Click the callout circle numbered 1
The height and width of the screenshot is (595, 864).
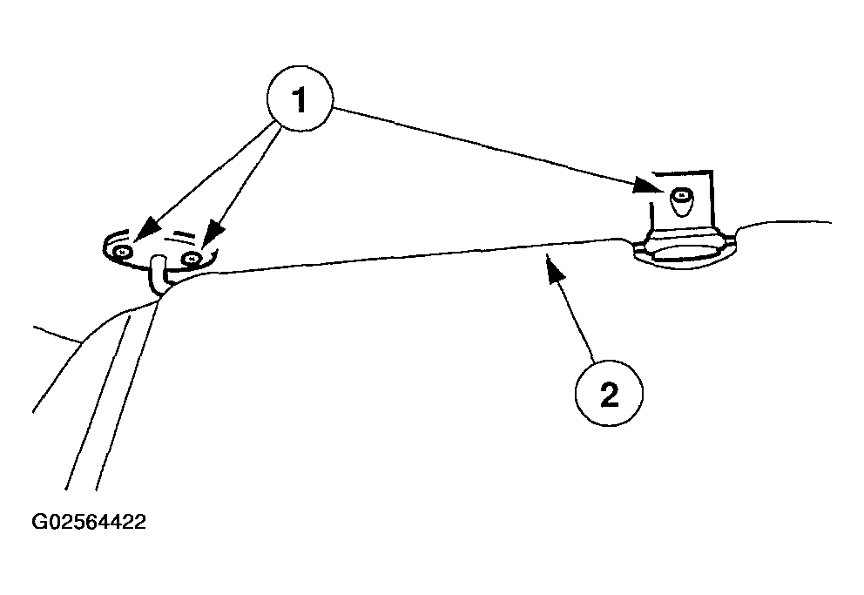(300, 102)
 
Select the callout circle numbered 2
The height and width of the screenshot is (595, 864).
(609, 396)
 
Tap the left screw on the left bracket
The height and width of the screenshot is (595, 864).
(123, 251)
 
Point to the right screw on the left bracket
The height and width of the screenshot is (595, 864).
(193, 257)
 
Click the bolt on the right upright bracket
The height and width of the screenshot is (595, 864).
(682, 199)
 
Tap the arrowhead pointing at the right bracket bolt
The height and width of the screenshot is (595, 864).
(645, 185)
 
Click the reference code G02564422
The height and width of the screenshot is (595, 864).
(89, 523)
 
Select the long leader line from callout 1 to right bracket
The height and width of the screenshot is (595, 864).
(488, 145)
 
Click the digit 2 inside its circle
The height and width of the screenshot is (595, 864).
(609, 396)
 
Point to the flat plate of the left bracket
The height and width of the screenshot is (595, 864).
(161, 247)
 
